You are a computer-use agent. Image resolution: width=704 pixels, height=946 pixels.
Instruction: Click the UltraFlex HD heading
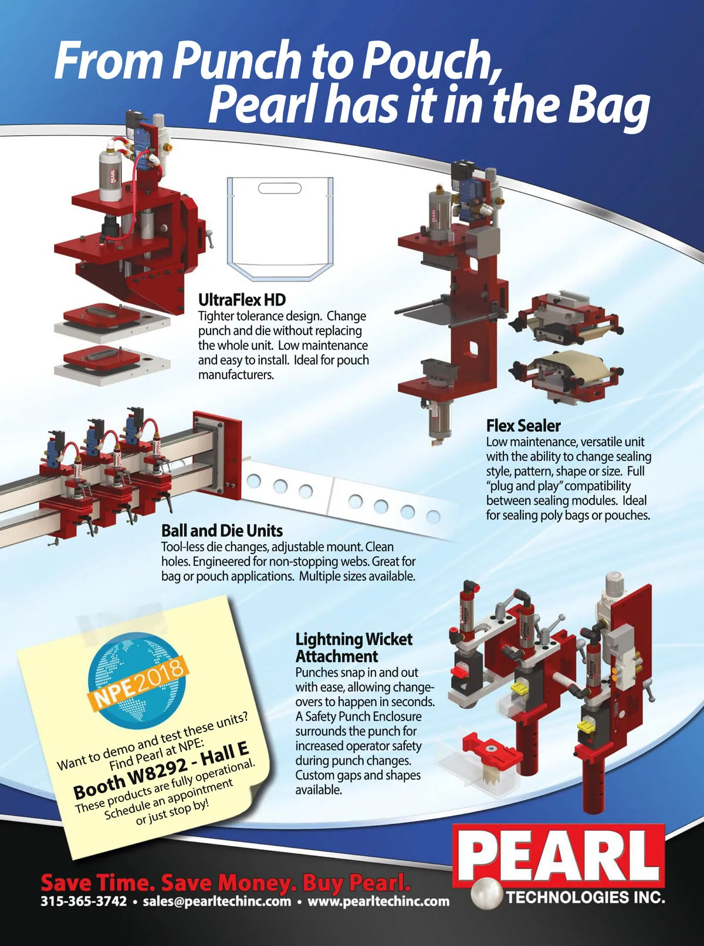point(242,300)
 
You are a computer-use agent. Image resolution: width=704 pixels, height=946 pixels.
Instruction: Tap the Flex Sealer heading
point(523,426)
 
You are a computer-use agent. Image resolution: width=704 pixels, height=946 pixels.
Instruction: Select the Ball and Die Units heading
point(222,531)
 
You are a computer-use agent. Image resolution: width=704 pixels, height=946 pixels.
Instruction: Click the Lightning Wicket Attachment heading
point(354,647)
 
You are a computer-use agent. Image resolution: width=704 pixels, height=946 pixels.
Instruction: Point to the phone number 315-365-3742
point(84,901)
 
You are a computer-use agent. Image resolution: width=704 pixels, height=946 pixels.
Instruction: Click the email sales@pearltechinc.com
point(216,901)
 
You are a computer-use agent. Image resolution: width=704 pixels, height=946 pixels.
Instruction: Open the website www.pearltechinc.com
point(378,901)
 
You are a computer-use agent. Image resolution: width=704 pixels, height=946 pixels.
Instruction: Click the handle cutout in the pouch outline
point(280,188)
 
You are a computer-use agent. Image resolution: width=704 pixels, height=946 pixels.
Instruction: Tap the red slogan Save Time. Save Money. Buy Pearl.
point(226,882)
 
